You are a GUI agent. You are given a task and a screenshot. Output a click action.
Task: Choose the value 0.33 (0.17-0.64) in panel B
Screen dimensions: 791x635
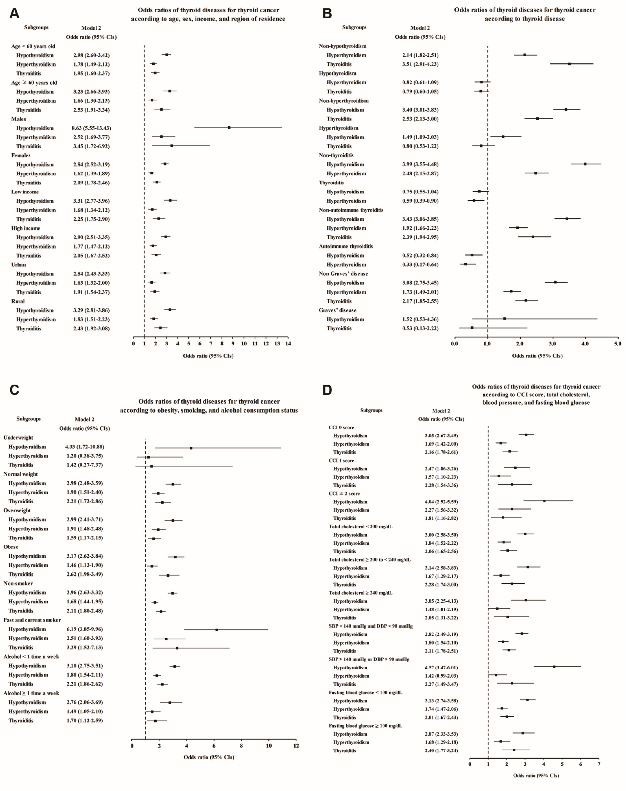point(420,264)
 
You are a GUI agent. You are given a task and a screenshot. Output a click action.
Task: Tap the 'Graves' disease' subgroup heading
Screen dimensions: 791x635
point(337,310)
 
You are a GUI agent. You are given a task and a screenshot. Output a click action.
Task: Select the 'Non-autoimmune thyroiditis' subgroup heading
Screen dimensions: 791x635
point(351,210)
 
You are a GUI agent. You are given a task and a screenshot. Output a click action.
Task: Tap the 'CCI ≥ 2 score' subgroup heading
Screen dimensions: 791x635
point(344,493)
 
